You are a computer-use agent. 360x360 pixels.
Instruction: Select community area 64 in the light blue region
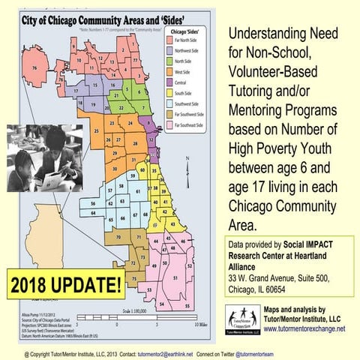92,214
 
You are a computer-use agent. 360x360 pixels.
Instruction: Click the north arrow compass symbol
186,163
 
